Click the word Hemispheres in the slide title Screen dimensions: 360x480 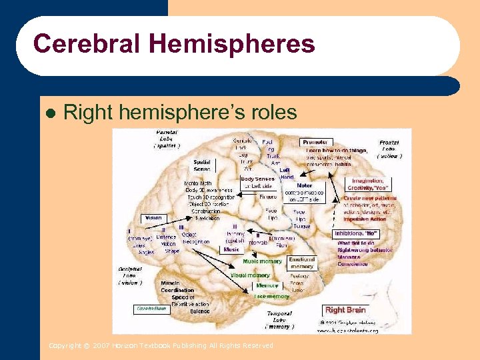[232, 44]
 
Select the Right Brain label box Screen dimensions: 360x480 [345, 310]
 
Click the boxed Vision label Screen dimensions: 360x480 [153, 218]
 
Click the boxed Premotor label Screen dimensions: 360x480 [315, 143]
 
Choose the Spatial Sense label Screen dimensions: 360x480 [203, 165]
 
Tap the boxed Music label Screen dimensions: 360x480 [231, 249]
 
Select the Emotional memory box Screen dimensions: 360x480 [301, 263]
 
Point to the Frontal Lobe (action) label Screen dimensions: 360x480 [389, 149]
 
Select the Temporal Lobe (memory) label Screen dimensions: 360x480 [279, 320]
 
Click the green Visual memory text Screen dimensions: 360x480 [250, 275]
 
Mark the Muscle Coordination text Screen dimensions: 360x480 [177, 287]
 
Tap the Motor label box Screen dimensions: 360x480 [305, 186]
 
